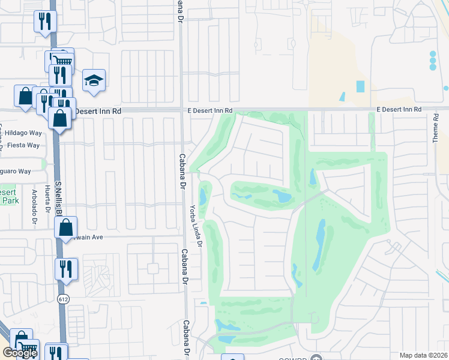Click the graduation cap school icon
tap(94, 80)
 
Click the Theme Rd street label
tap(436, 128)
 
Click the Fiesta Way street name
tap(24, 145)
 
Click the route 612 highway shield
tap(62, 298)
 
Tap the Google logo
tap(20, 353)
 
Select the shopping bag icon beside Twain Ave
tap(66, 228)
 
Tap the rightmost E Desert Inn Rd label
tap(399, 110)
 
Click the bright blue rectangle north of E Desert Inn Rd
tap(360, 86)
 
